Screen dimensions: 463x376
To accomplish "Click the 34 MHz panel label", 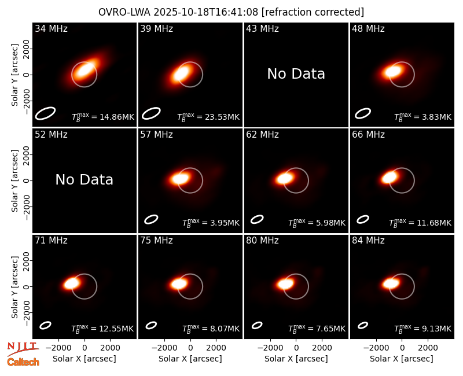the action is (x=51, y=28).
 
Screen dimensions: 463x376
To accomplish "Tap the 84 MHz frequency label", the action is (x=368, y=241).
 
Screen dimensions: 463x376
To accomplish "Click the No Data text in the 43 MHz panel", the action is (x=296, y=74).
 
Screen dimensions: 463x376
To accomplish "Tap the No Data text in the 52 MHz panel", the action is (x=84, y=179).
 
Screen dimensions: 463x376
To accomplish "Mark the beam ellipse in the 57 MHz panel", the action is (x=151, y=219).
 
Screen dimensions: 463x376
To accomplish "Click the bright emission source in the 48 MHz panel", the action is (x=393, y=71).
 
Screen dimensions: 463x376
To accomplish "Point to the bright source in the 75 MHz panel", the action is (x=179, y=284).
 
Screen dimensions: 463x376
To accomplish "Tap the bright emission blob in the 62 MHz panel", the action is (x=285, y=178).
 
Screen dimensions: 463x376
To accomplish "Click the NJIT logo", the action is (x=23, y=349).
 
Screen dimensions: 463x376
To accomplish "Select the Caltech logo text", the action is (x=23, y=362).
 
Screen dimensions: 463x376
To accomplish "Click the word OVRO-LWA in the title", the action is (x=124, y=12).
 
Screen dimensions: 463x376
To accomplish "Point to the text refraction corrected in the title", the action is (x=313, y=12).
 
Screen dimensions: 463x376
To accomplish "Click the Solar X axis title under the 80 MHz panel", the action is (x=296, y=359).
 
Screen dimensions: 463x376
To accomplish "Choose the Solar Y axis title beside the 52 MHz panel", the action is (x=15, y=180).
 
